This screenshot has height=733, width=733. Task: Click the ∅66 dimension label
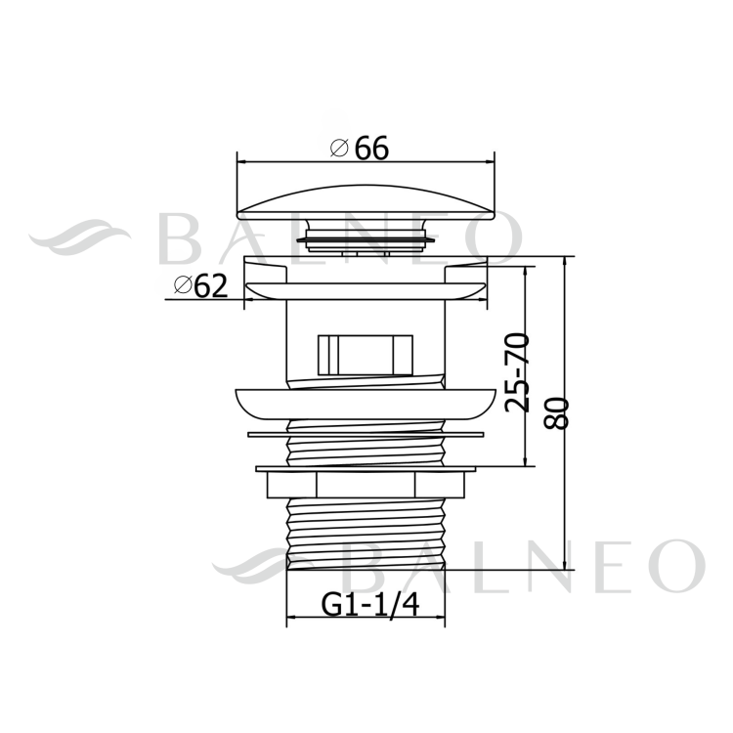tap(360, 148)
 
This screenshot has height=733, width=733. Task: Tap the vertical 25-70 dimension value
tap(518, 371)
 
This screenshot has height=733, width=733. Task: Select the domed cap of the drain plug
tap(366, 199)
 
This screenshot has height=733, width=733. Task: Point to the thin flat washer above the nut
tap(366, 430)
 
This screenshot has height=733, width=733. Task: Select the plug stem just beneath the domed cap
tap(366, 237)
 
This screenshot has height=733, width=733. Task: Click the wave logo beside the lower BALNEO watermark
tap(262, 564)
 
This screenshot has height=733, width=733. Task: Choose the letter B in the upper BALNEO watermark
tap(181, 237)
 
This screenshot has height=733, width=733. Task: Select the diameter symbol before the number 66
tap(340, 149)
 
